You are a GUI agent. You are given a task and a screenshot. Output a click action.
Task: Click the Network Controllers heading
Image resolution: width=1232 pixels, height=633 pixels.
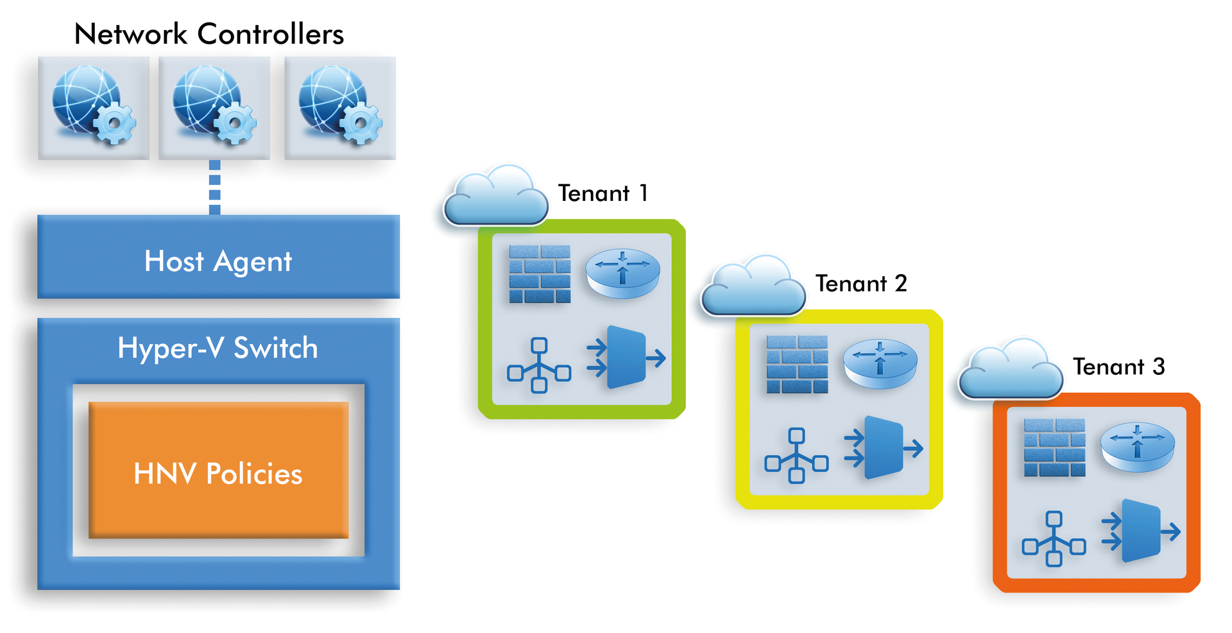(x=209, y=34)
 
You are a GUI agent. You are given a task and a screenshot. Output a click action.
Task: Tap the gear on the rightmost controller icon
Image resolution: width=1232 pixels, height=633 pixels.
(x=361, y=124)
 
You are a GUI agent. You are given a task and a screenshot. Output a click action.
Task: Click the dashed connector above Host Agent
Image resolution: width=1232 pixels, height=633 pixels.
(x=215, y=187)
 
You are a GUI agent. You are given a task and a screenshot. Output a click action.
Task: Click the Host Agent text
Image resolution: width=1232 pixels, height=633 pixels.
(x=218, y=261)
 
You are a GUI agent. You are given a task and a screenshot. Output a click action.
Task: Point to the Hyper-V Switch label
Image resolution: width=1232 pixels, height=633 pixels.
(x=218, y=348)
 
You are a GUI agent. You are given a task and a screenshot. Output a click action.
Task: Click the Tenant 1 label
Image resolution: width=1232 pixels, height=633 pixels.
(x=603, y=193)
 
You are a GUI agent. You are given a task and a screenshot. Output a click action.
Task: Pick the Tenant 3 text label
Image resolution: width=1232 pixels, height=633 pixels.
(x=1118, y=367)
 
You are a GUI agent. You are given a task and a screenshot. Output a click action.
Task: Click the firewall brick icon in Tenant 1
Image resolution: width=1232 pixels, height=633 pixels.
(x=540, y=273)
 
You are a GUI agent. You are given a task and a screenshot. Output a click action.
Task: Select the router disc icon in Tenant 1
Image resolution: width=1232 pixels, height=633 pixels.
(x=622, y=273)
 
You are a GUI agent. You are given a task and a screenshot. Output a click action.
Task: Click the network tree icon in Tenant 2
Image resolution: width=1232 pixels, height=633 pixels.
(x=796, y=455)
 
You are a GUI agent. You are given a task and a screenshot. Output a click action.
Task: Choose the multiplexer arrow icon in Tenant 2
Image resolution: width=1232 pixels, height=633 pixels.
(x=884, y=447)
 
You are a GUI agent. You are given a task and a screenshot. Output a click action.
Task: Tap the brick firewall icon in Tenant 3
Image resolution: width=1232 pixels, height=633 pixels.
(x=1054, y=447)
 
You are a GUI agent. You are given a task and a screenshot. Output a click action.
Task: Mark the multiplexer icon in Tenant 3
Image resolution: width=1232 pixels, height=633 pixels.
(x=1141, y=532)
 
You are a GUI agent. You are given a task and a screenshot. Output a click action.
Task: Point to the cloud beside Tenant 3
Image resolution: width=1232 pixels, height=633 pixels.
(x=1010, y=370)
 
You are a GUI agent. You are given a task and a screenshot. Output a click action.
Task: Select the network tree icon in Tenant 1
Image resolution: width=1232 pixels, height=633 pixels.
(x=539, y=365)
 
